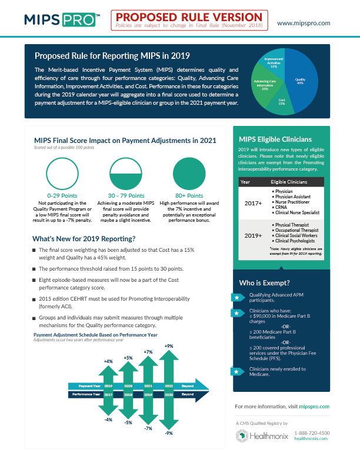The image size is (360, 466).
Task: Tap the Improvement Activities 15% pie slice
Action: pos(274,62)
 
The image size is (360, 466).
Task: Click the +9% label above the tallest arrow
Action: pos(169,346)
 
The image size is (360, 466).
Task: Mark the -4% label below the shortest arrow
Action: pos(108,419)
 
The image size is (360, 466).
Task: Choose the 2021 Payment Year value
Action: pos(148,386)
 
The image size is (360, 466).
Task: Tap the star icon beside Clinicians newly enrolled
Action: pos(236,371)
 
